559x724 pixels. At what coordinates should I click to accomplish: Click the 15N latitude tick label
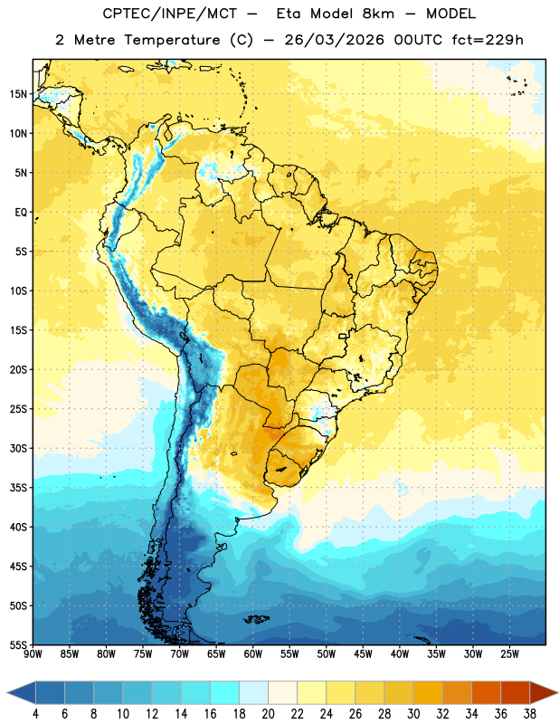pyautogui.click(x=18, y=94)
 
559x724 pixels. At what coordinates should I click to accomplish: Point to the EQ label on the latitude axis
pyautogui.click(x=21, y=213)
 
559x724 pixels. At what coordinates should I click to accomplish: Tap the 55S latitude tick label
pyautogui.click(x=18, y=644)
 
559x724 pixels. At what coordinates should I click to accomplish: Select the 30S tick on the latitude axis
pyautogui.click(x=18, y=448)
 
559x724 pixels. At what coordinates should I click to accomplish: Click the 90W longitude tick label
pyautogui.click(x=33, y=654)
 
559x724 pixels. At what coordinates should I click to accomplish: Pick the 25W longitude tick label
pyautogui.click(x=509, y=654)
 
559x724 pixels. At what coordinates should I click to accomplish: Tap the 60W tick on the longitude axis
pyautogui.click(x=253, y=654)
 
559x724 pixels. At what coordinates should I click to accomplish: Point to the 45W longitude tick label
pyautogui.click(x=364, y=654)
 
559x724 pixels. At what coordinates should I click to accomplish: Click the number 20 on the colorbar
pyautogui.click(x=268, y=714)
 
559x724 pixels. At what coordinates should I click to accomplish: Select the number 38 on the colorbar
pyautogui.click(x=530, y=714)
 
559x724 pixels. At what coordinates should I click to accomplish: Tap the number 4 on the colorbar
pyautogui.click(x=35, y=714)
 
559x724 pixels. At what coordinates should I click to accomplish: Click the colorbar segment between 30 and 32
pyautogui.click(x=428, y=693)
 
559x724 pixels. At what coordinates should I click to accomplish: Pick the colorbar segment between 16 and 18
pyautogui.click(x=224, y=693)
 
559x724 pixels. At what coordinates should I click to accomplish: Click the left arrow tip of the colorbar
pyautogui.click(x=7, y=693)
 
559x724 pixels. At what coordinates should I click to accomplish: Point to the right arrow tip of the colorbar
pyautogui.click(x=557, y=693)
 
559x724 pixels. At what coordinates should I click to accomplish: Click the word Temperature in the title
pyautogui.click(x=172, y=40)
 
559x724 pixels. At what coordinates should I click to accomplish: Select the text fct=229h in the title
pyautogui.click(x=488, y=40)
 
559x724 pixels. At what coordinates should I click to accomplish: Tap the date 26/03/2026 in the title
pyautogui.click(x=334, y=40)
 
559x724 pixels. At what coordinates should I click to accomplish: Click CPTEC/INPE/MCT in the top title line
pyautogui.click(x=169, y=14)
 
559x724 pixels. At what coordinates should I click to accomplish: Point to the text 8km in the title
pyautogui.click(x=378, y=14)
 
